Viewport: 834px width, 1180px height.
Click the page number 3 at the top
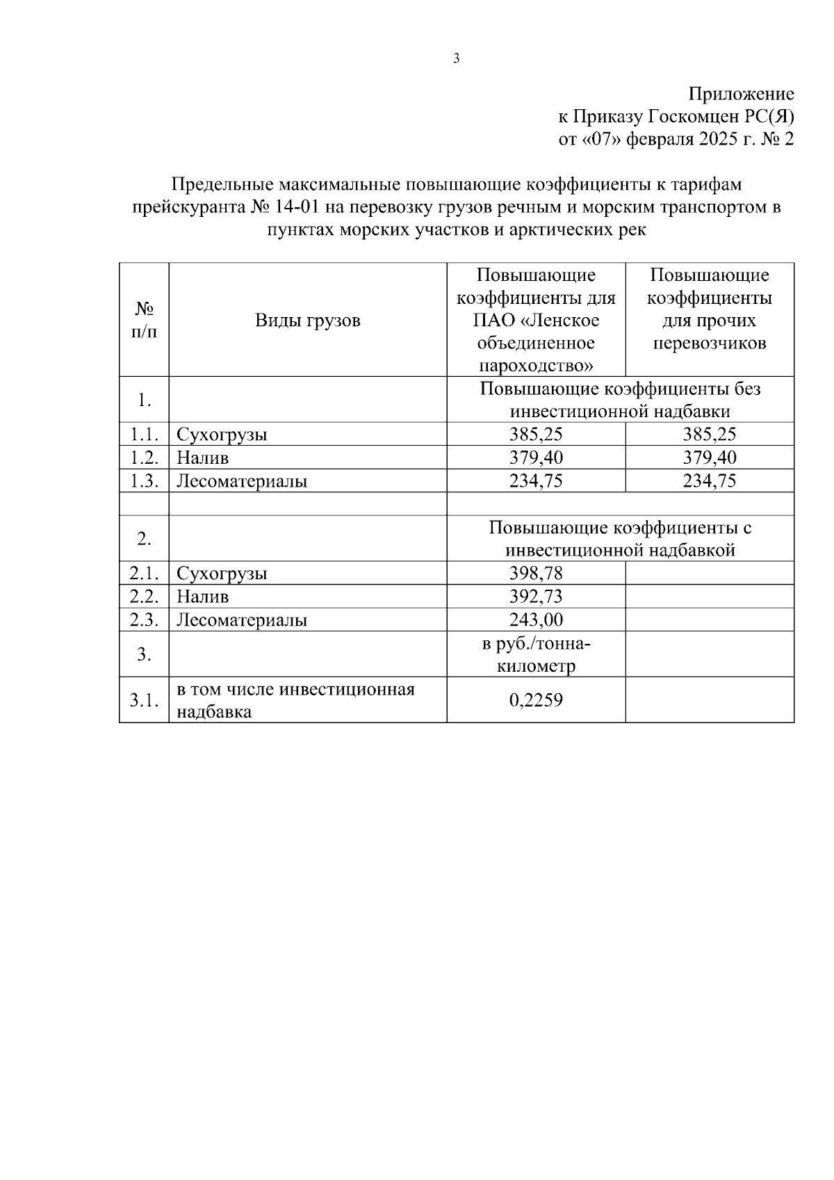pos(456,59)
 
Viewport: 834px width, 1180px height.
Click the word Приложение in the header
pos(741,94)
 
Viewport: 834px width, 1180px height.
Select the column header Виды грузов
pos(307,321)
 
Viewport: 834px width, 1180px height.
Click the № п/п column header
pos(144,320)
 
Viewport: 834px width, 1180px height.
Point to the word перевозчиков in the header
pos(710,344)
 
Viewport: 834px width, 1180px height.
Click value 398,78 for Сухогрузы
pos(536,573)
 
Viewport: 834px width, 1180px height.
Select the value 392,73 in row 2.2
pos(536,597)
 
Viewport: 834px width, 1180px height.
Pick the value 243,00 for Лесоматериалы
pos(536,620)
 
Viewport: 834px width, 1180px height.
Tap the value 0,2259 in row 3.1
pos(536,700)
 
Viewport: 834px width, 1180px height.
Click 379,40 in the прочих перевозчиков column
pos(710,458)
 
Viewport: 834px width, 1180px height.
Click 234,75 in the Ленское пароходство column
pos(536,481)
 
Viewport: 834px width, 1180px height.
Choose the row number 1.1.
pos(144,435)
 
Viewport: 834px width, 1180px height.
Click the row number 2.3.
pos(144,620)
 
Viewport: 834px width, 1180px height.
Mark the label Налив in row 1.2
pos(202,458)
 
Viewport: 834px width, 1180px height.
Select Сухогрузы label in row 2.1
pos(222,574)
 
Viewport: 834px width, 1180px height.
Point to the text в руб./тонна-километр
pos(536,654)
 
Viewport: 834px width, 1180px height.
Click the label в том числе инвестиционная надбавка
pos(295,700)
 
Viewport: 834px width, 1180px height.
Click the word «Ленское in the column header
pos(559,321)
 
